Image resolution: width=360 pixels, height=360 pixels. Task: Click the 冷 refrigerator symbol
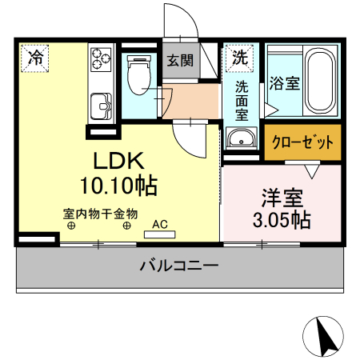[35, 57]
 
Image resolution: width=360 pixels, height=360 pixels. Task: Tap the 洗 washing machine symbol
[239, 57]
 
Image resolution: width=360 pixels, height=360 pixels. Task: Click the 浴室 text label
[285, 82]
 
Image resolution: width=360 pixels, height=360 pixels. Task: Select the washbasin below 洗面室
[240, 139]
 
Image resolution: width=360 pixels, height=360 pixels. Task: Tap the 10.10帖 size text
[118, 186]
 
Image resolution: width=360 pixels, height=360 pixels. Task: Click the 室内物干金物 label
[101, 214]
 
